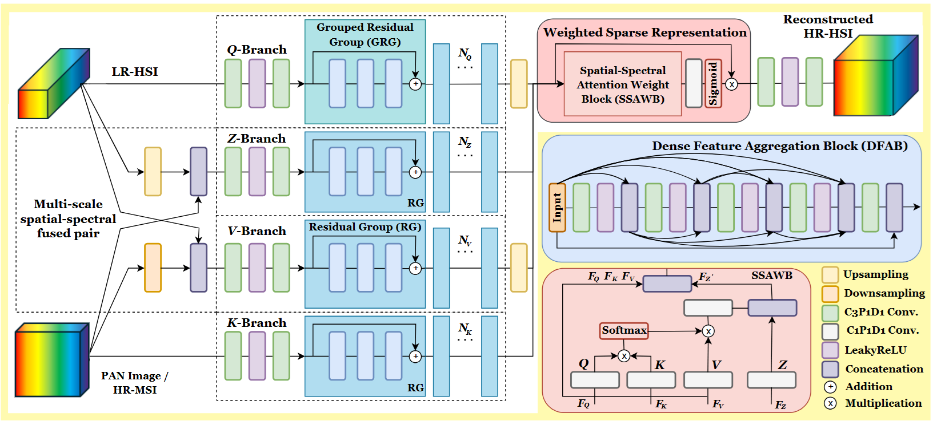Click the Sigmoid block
[x=713, y=83]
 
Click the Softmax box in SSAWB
[x=624, y=330]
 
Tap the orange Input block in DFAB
[x=557, y=207]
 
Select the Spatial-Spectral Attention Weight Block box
[x=623, y=84]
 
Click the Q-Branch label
[x=257, y=50]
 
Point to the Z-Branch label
[x=257, y=139]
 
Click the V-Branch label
[x=257, y=231]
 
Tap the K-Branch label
[x=257, y=323]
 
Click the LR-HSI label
[x=135, y=72]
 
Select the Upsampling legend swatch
[x=830, y=274]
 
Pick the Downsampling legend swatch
[x=830, y=293]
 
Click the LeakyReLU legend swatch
[x=830, y=350]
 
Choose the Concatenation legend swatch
[x=830, y=369]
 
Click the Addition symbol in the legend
[x=830, y=387]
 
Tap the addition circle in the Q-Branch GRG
[x=415, y=84]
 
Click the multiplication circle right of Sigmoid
[x=731, y=84]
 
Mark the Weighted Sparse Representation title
[x=644, y=33]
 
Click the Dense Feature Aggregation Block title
[x=779, y=146]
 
